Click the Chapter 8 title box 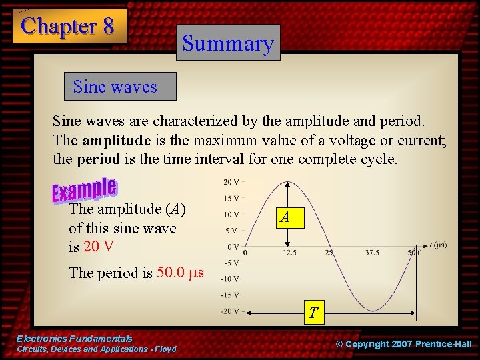(69, 26)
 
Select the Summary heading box (228, 43)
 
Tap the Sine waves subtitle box (115, 87)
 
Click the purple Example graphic (85, 191)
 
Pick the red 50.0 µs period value (180, 273)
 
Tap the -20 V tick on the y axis (232, 311)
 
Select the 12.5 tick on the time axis (289, 253)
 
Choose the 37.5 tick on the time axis (372, 253)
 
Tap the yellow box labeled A (285, 217)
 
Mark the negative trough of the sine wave (373, 310)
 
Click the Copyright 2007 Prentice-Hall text (403, 344)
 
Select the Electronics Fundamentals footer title (75, 339)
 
